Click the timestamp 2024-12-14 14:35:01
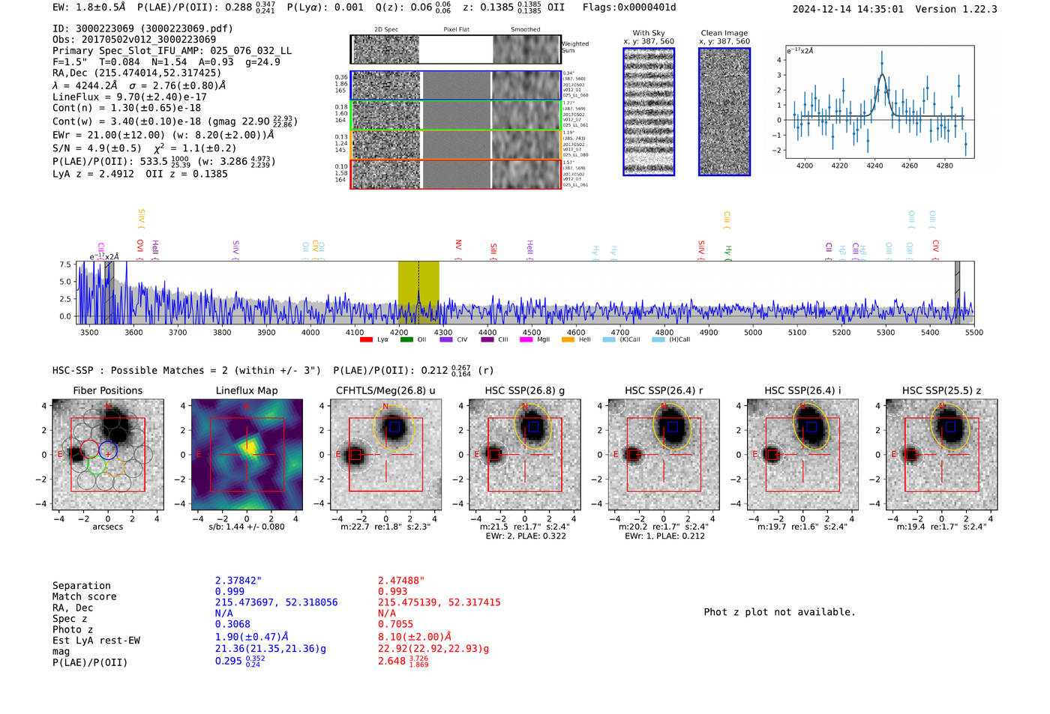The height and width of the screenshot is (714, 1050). [x=847, y=9]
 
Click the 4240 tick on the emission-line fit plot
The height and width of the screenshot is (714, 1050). [x=874, y=166]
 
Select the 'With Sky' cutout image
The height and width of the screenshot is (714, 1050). [x=649, y=112]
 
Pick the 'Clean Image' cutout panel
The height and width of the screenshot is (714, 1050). [x=724, y=112]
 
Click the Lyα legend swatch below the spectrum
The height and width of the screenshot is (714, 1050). [x=366, y=340]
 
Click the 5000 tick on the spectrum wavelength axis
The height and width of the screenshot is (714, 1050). [x=753, y=333]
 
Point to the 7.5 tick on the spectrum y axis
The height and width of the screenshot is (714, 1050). [x=65, y=265]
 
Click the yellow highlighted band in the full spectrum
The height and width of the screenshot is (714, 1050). [x=418, y=292]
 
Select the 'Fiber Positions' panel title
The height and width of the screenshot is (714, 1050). [x=107, y=390]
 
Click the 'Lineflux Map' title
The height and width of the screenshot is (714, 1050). [x=247, y=390]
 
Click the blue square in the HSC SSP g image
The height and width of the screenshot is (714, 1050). [x=533, y=427]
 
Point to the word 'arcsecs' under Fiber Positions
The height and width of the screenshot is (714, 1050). [x=107, y=527]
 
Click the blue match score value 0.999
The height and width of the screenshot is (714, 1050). [x=229, y=592]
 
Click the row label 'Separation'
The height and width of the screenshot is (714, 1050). [x=82, y=586]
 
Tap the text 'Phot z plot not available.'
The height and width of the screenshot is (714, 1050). [x=779, y=612]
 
